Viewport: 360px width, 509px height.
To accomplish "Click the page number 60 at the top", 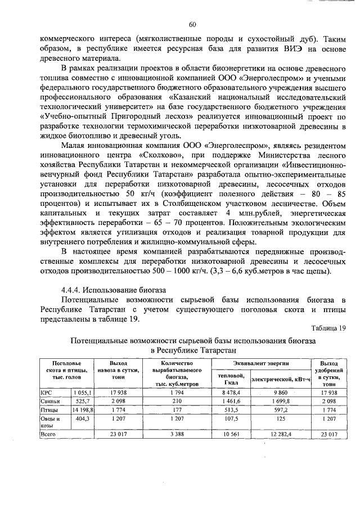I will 192,24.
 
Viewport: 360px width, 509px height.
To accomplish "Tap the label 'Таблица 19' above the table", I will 328,328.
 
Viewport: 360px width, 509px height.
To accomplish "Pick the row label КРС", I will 45,392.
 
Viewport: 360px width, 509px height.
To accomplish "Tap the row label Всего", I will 47,434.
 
